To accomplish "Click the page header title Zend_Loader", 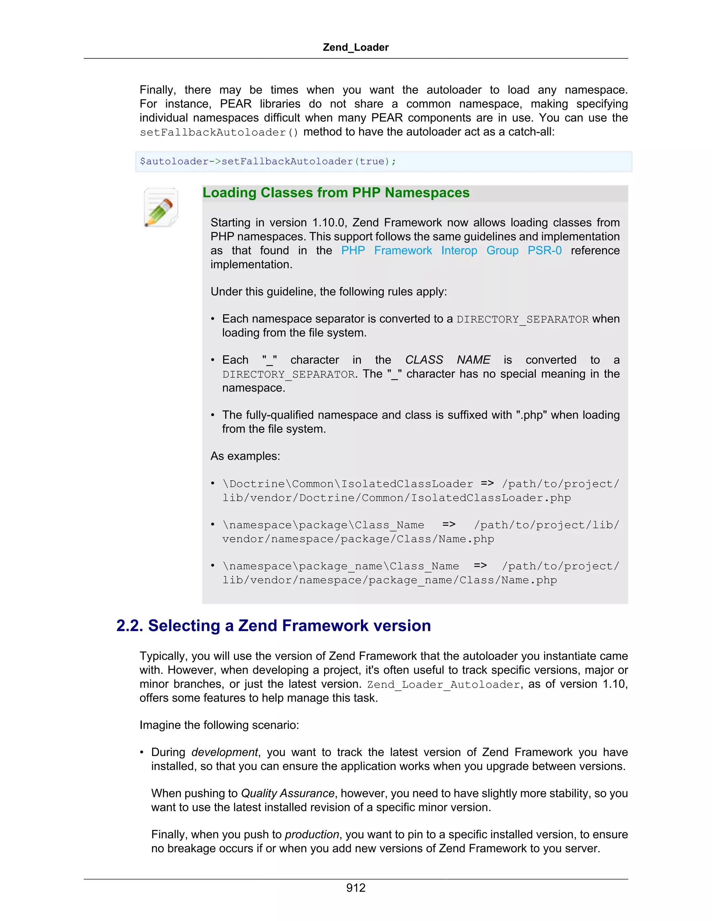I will pos(356,47).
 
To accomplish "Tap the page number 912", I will pos(356,888).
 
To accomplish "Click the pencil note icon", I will pos(161,207).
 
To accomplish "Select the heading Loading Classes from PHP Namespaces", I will pos(336,193).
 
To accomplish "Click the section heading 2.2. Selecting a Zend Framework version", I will pos(273,625).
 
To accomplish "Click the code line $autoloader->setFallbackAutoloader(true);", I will pos(268,162).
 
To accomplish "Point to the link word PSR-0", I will pos(544,251).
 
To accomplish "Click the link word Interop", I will pos(459,251).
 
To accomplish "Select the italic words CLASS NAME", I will pos(447,360).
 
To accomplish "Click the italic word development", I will pos(224,752).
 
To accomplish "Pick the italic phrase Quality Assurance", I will pos(288,793).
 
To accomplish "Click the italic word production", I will pos(312,834).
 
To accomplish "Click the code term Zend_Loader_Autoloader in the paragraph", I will pos(443,684).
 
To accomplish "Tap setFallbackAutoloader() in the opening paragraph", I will pos(219,132).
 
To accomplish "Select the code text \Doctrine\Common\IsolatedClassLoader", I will pos(348,484).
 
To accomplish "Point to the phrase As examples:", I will pos(245,456).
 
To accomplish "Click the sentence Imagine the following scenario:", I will pos(219,725).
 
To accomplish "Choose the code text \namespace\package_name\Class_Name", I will pos(340,566).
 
